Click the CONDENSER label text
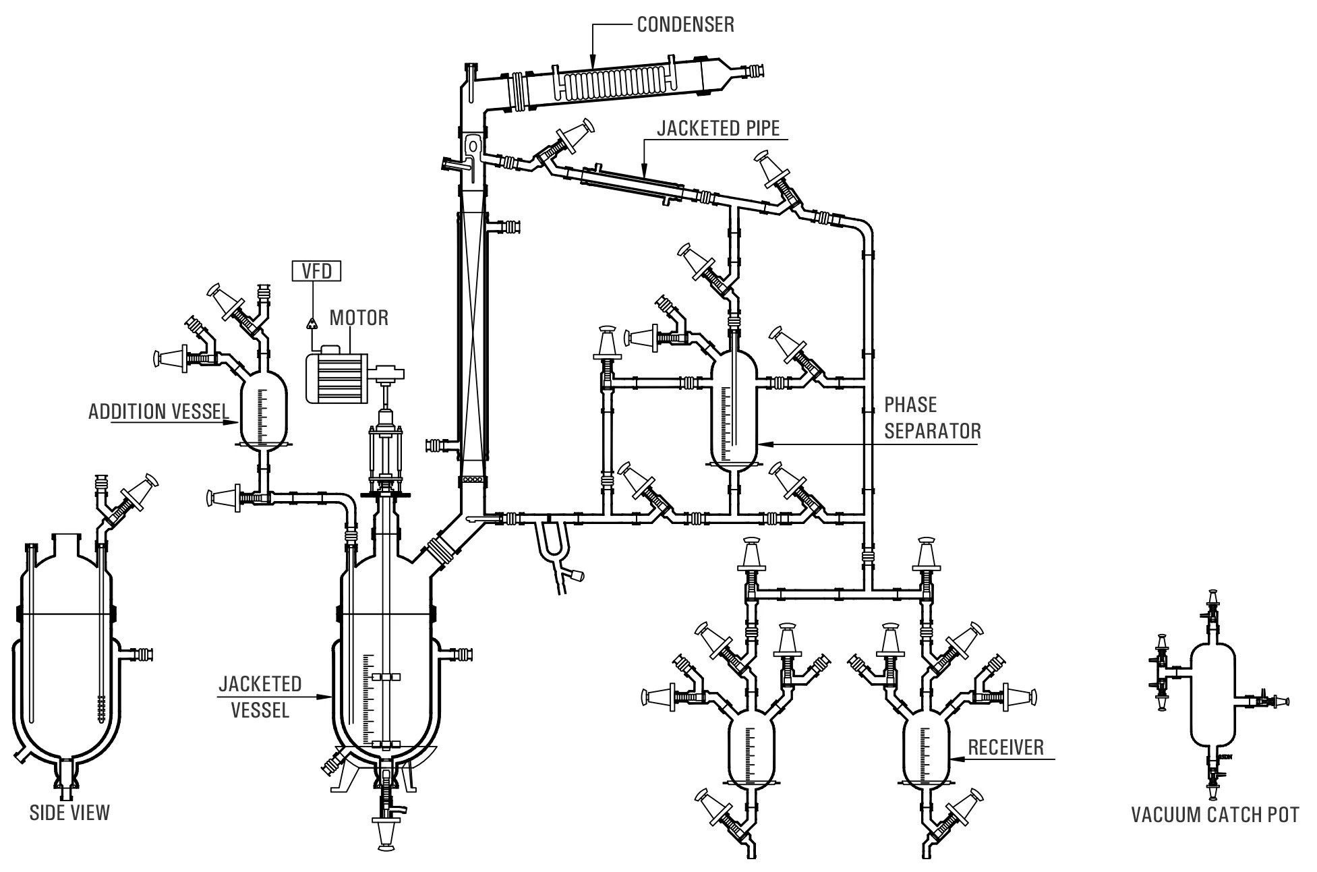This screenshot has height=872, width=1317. pos(685,25)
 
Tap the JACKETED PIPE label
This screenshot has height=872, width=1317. pos(718,127)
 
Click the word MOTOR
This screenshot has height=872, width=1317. pos(359,318)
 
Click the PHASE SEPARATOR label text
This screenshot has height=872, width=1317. pos(933,417)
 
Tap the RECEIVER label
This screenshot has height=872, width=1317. pos(1005,747)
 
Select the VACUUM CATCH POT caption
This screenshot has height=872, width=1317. pos(1214,815)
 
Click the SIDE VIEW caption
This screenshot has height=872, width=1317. pos(69,813)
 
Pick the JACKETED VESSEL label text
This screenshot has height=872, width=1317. pos(260,697)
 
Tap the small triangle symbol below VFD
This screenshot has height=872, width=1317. pos(312,323)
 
